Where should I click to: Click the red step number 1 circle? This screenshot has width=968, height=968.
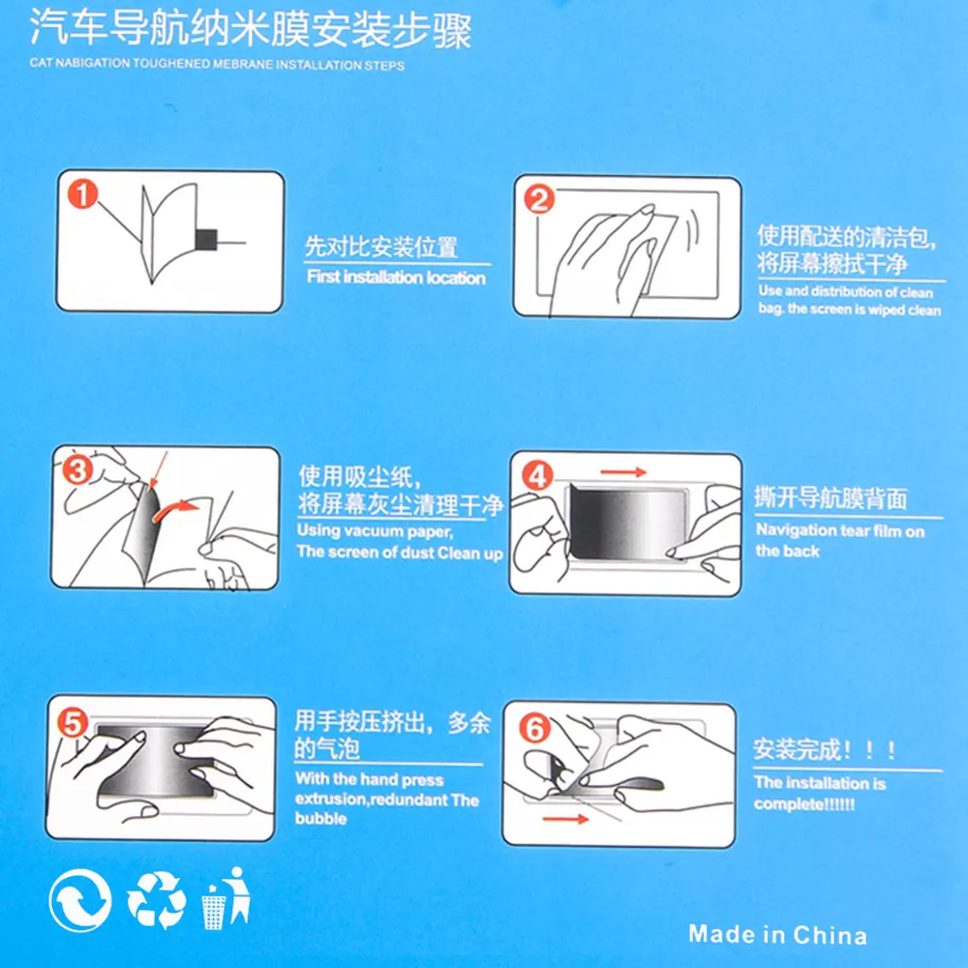82,194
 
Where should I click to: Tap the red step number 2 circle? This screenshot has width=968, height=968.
539,199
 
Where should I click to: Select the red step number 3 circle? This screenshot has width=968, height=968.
77,469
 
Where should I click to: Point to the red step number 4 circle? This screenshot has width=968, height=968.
537,476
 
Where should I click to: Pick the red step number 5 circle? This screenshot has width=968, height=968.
73,722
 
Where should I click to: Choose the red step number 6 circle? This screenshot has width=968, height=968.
534,728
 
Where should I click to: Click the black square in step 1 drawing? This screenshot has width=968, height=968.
206,239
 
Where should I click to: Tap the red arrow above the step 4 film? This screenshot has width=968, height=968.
622,472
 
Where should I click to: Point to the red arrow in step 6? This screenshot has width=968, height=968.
565,819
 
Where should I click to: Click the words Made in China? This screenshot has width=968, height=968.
777,935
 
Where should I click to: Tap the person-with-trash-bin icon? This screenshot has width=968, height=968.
226,898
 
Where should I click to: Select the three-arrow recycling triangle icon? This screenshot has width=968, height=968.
157,900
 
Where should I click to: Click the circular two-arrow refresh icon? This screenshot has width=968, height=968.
80,900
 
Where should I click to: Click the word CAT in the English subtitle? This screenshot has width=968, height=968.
42,62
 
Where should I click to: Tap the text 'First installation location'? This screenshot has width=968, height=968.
396,277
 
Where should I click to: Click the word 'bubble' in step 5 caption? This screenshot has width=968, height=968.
321,819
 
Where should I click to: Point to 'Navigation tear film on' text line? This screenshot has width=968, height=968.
840,530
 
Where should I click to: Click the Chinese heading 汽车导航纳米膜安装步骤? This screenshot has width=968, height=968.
251,28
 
